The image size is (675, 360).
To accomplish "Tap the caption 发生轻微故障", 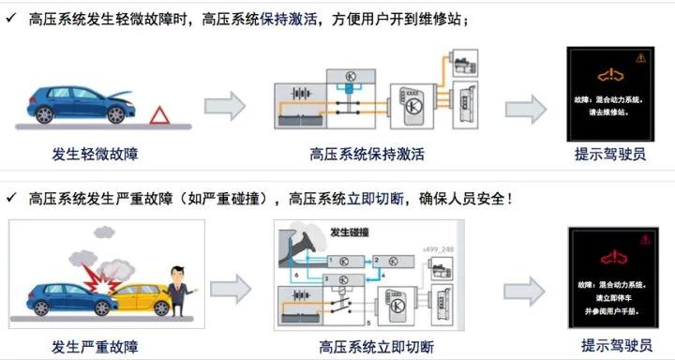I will tap(101, 154).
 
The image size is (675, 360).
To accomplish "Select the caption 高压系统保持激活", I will tap(367, 154).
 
